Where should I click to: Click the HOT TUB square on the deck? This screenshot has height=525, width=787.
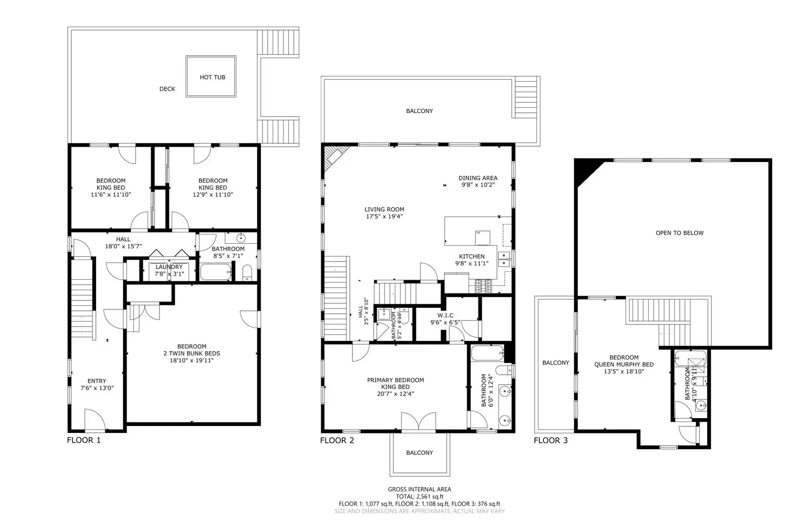[x=212, y=77]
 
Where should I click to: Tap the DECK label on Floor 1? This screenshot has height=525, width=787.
[x=167, y=89]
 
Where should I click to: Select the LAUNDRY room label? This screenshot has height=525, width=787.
[x=169, y=267]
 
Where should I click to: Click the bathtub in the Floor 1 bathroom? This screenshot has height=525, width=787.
[x=216, y=272]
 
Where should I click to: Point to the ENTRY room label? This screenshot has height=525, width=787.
[x=96, y=381]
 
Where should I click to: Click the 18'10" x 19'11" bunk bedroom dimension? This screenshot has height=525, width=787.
[x=192, y=361]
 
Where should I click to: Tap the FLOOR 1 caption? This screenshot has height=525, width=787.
[x=84, y=440]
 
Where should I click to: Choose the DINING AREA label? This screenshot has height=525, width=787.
[x=477, y=178]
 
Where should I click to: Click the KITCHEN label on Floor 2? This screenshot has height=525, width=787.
[x=472, y=257]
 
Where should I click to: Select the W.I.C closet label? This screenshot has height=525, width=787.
[x=445, y=316]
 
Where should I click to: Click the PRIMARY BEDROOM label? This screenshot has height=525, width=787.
[x=395, y=380]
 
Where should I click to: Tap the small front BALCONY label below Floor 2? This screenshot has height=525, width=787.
[x=419, y=453]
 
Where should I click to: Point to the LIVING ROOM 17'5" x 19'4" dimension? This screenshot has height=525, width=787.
[x=384, y=216]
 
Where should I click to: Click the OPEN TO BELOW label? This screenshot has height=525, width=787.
[x=679, y=233]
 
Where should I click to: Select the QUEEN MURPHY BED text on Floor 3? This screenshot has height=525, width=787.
[x=624, y=364]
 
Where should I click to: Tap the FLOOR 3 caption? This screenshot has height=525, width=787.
[x=550, y=440]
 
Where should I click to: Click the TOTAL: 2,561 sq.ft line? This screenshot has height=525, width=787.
[x=419, y=497]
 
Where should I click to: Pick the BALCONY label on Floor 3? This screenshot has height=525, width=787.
[x=556, y=363]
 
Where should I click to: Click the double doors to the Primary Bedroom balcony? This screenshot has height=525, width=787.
[x=418, y=422]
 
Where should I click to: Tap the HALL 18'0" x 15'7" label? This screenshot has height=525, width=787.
[x=123, y=239]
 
